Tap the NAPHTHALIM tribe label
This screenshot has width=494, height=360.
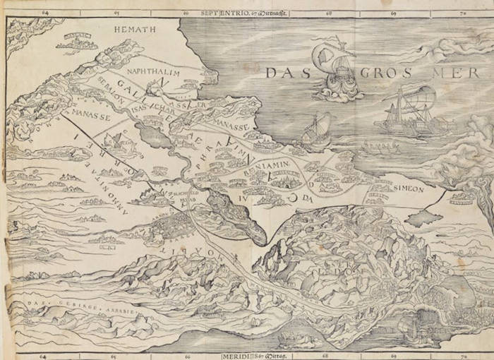pyautogui.click(x=150, y=71)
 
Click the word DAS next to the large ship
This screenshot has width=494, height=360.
pyautogui.click(x=289, y=72)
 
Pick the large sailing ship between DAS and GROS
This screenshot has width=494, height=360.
pyautogui.click(x=337, y=71)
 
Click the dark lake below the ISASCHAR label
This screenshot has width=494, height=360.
pyautogui.click(x=157, y=134)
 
